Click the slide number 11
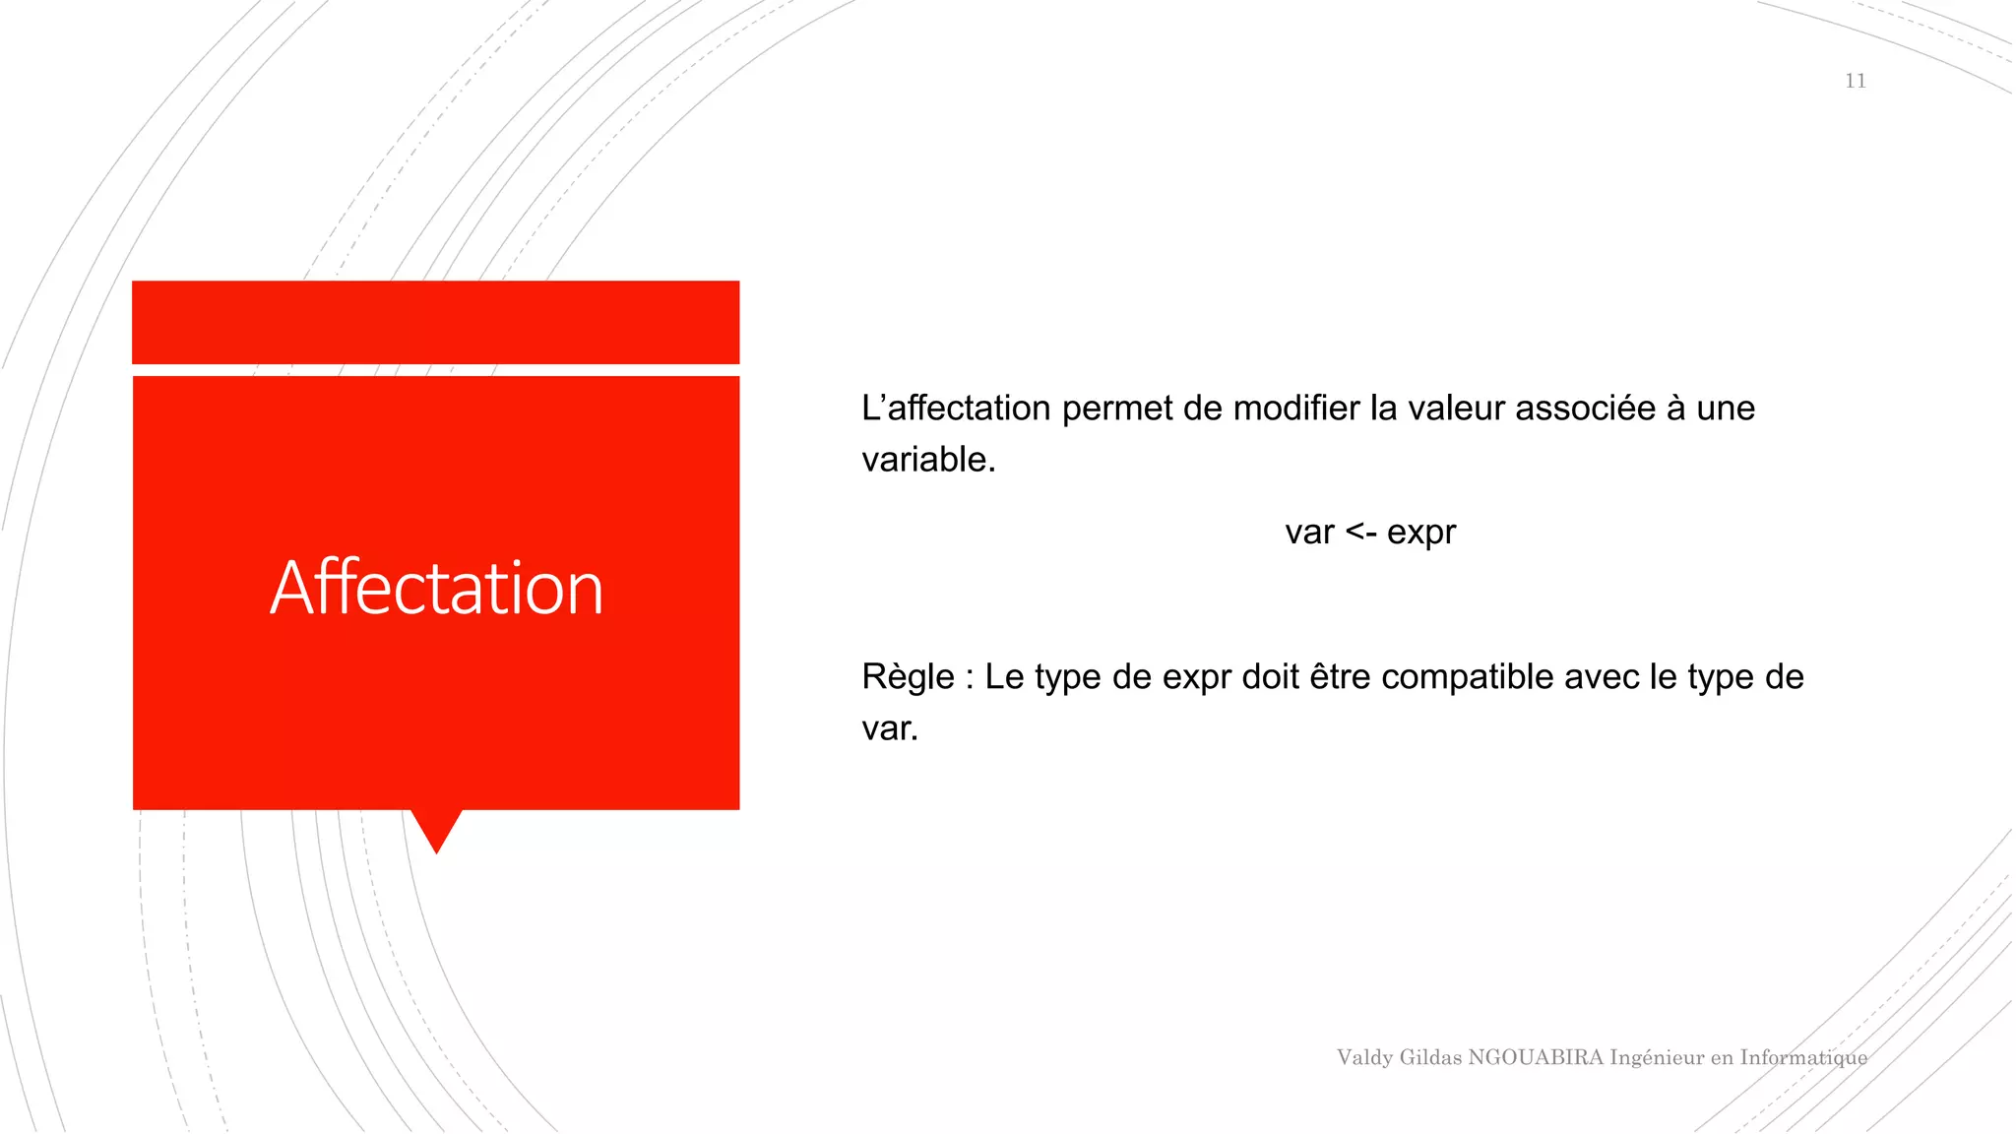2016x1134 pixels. [x=1855, y=81]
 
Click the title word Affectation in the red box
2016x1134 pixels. [x=436, y=588]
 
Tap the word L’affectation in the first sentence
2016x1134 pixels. [x=955, y=409]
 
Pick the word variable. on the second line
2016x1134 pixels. [x=928, y=460]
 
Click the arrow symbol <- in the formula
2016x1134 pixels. [x=1360, y=533]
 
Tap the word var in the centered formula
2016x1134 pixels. [x=1309, y=533]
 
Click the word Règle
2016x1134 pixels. [x=908, y=678]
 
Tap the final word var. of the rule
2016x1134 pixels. [x=889, y=729]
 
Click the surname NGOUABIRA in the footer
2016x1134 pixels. [x=1536, y=1057]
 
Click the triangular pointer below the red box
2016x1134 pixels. [x=436, y=828]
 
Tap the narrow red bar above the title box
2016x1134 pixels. [x=435, y=322]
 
